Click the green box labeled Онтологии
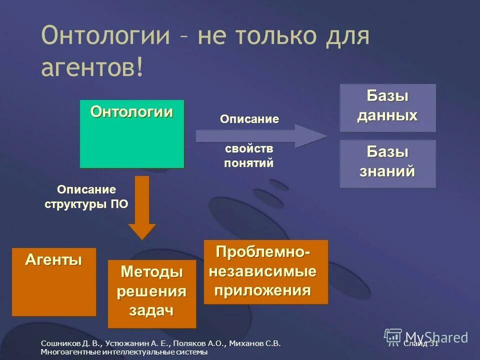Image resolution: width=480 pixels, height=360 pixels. pyautogui.click(x=132, y=134)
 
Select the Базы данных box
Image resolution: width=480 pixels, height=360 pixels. pyautogui.click(x=387, y=107)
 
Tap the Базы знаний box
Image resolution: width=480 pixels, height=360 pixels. pyautogui.click(x=387, y=163)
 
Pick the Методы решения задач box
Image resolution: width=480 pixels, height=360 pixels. pyautogui.click(x=151, y=293)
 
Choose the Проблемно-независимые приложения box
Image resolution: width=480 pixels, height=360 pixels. pyautogui.click(x=265, y=271)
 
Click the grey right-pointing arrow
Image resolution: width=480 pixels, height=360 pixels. pyautogui.click(x=260, y=136)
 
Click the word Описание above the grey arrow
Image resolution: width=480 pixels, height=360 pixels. pyautogui.click(x=249, y=119)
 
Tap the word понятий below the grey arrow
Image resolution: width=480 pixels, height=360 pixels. pyautogui.click(x=249, y=163)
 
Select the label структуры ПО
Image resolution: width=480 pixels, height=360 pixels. pyautogui.click(x=86, y=204)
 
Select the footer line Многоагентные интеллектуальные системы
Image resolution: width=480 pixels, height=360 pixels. pyautogui.click(x=124, y=352)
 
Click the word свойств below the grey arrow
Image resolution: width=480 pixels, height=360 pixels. pyautogui.click(x=249, y=149)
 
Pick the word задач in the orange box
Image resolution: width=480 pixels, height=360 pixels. pyautogui.click(x=151, y=310)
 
